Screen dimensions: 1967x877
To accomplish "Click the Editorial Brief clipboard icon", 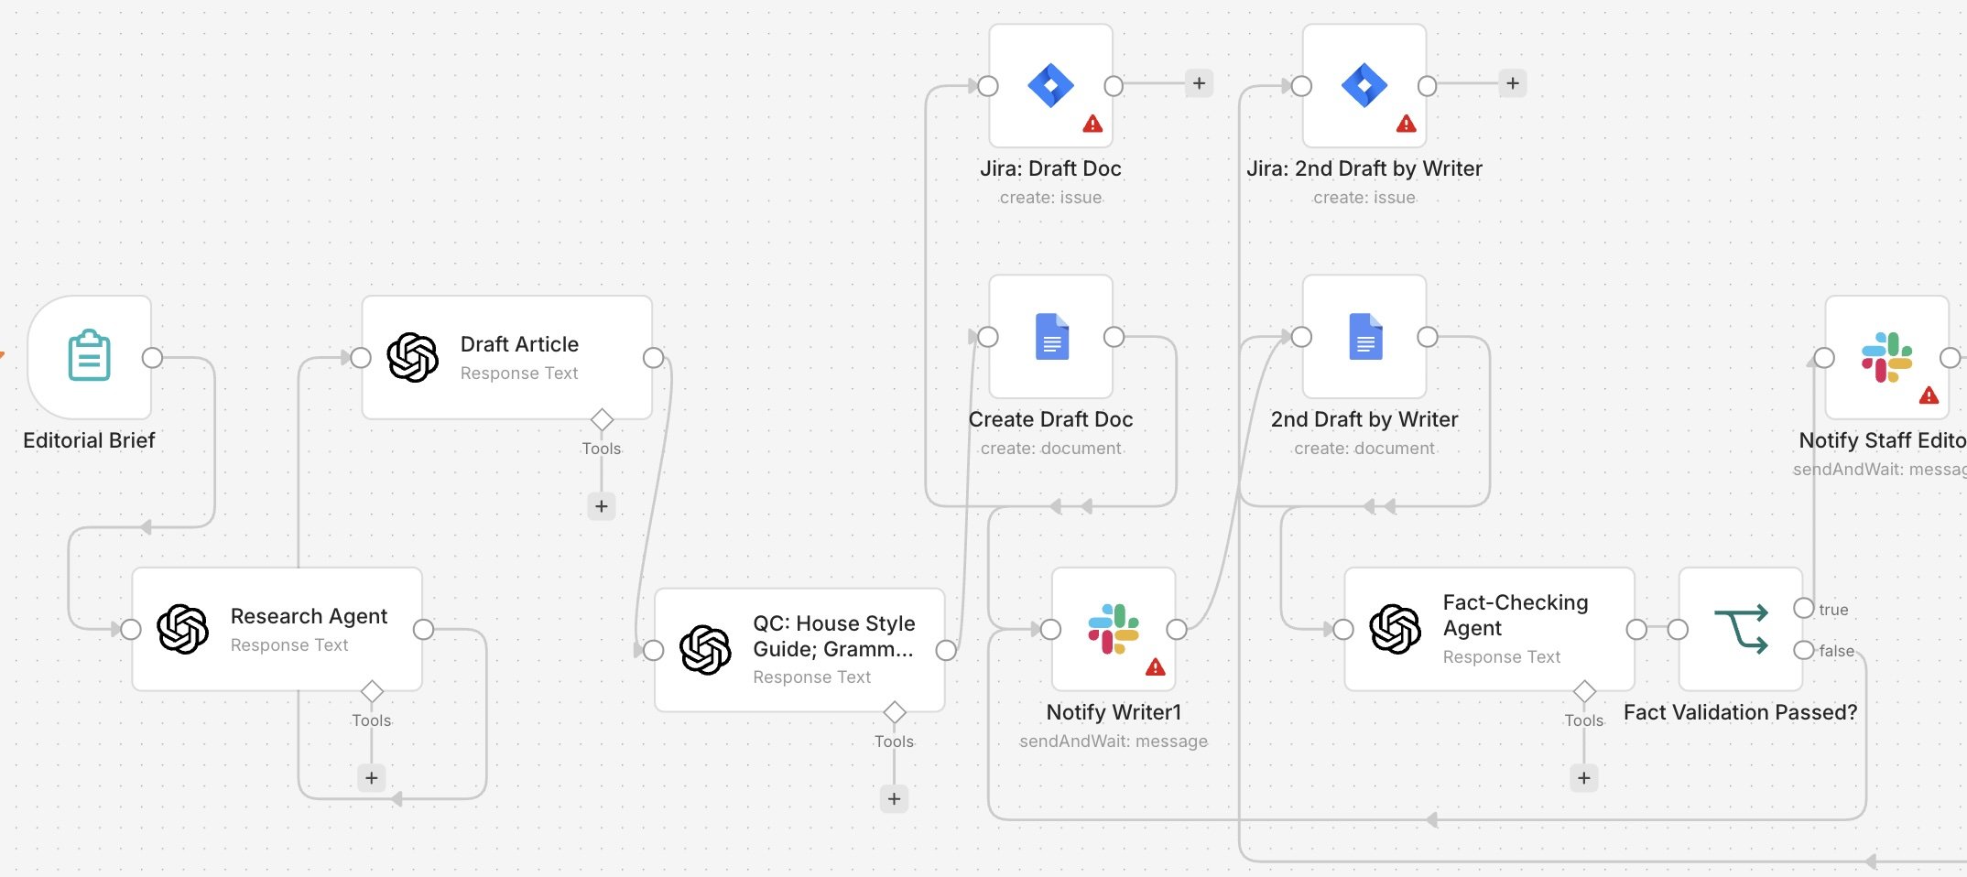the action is pos(90,355).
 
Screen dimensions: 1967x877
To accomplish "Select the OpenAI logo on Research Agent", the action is pos(183,629).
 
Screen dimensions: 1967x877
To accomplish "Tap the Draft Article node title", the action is pos(519,344).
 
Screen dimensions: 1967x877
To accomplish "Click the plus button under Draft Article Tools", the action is pos(601,505).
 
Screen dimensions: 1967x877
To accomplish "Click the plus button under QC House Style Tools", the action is pos(894,798).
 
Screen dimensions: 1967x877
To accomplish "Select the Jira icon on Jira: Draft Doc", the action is pos(1050,86).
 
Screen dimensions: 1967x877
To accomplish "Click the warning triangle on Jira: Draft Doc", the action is pos(1092,124).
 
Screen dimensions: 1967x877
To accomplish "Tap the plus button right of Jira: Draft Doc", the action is pos(1199,83).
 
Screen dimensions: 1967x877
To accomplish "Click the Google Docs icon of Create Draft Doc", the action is pos(1052,336).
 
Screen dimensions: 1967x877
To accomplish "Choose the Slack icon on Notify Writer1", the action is pos(1114,629).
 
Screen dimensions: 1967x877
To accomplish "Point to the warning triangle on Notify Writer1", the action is pos(1156,666).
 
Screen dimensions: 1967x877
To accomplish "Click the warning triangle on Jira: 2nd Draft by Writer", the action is pos(1407,124).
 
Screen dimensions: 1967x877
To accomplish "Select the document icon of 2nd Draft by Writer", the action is pos(1365,336).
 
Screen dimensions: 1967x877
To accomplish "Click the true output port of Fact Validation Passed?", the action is pos(1804,608).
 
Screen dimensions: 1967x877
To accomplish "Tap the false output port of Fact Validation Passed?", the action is pos(1804,650).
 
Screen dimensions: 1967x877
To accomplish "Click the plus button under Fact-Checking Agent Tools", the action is pos(1584,778).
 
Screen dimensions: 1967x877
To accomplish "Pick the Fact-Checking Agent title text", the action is pos(1516,615).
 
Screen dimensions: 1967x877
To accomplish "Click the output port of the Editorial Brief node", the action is pos(153,358).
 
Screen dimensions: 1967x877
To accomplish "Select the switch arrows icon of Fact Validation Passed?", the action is pos(1741,629).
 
